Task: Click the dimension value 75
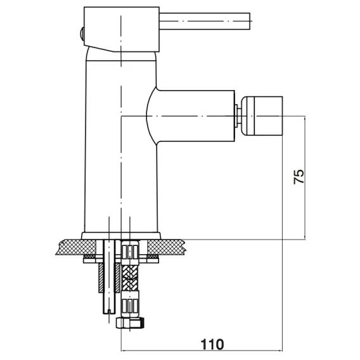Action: (x=299, y=177)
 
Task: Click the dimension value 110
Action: (x=212, y=344)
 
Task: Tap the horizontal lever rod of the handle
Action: (x=205, y=21)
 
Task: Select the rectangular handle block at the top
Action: (x=122, y=29)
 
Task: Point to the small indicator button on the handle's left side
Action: (x=82, y=34)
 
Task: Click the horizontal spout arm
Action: (x=191, y=116)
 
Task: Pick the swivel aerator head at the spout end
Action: (x=262, y=116)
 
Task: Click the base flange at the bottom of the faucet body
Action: (x=121, y=236)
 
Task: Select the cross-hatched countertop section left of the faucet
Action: (x=77, y=247)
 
